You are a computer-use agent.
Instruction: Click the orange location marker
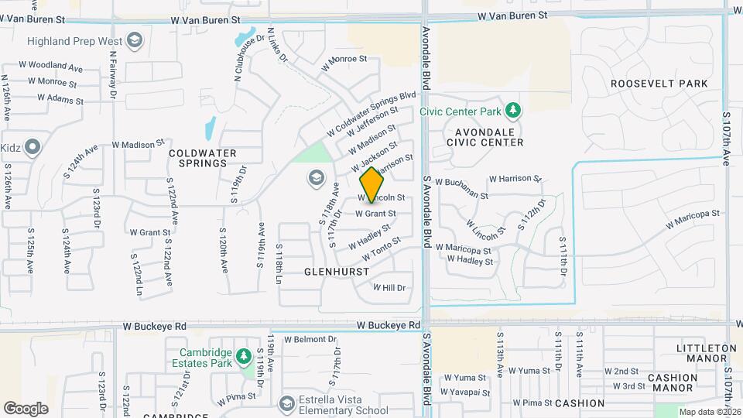(x=372, y=184)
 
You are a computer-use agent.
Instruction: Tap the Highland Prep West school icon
(x=135, y=40)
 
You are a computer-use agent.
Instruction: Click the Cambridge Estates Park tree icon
(x=244, y=356)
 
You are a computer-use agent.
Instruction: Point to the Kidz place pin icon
(x=33, y=146)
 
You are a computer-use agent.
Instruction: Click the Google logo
(x=26, y=408)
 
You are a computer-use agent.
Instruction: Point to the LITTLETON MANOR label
(x=707, y=354)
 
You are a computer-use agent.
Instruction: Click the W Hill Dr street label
(x=389, y=287)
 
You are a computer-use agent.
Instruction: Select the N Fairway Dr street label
(x=113, y=74)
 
